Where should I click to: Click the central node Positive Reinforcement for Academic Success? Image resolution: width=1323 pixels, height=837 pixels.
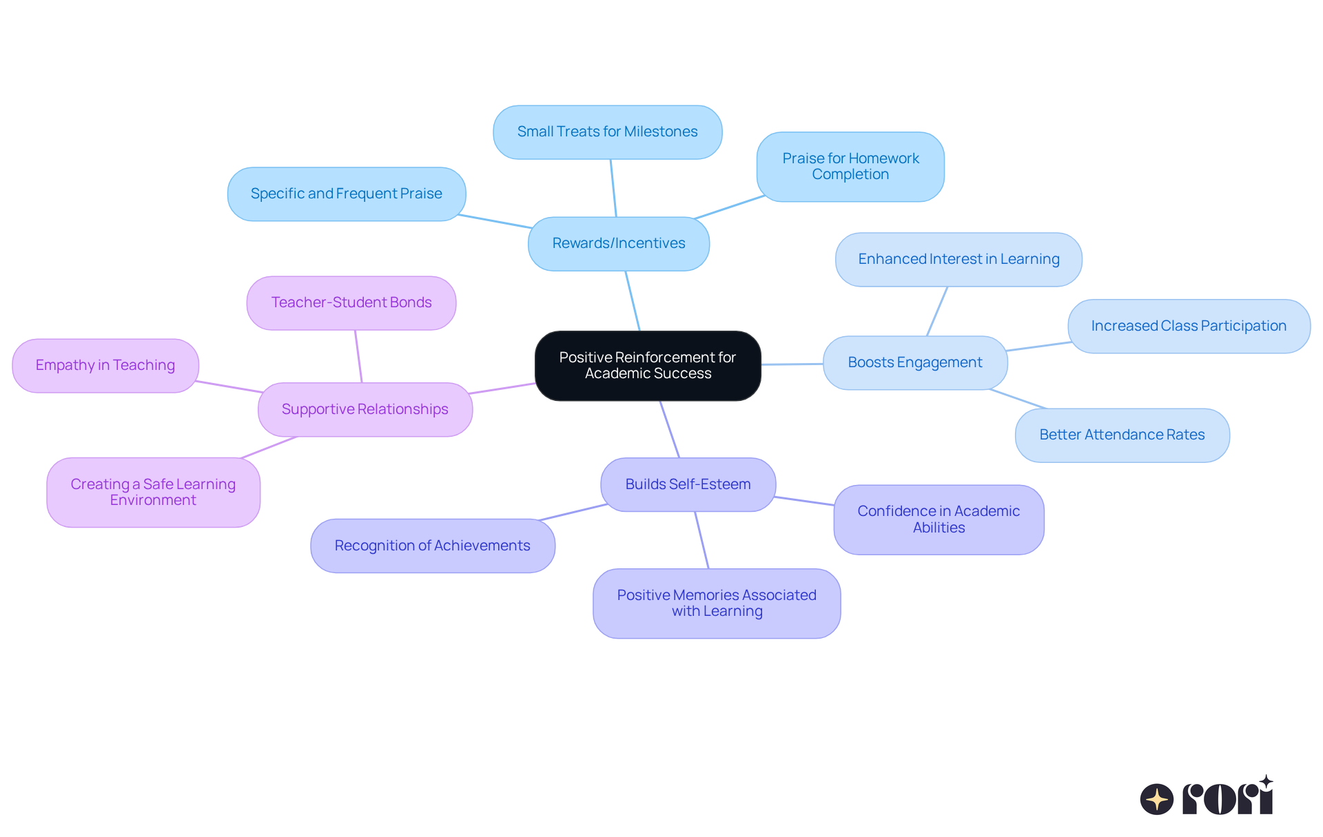[x=648, y=365]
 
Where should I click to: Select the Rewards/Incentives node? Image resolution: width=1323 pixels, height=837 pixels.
[x=618, y=243]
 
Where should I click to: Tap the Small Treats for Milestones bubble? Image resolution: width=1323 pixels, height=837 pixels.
[x=607, y=132]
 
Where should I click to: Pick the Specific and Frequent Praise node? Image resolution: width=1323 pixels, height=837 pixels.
[x=346, y=194]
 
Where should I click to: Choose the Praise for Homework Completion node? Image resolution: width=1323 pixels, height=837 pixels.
[x=850, y=167]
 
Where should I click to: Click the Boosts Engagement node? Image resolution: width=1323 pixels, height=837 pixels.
[x=914, y=362]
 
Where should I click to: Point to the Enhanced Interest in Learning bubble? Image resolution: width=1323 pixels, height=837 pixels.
[x=958, y=259]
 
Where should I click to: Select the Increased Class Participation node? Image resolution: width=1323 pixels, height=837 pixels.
[x=1189, y=326]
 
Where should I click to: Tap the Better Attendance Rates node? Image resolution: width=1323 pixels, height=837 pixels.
[x=1122, y=435]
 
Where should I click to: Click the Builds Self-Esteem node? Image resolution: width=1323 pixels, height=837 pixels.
[x=688, y=484]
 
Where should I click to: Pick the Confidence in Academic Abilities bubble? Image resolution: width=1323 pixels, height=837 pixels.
[x=939, y=519]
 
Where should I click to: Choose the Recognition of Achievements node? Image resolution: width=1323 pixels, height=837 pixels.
[x=432, y=546]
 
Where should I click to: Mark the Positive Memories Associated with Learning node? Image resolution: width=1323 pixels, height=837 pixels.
[x=717, y=603]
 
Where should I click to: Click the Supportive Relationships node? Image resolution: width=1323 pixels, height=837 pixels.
[x=365, y=409]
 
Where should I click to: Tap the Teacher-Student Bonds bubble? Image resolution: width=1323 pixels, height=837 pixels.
[x=351, y=302]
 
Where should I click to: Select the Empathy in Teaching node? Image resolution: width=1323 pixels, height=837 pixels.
[x=105, y=365]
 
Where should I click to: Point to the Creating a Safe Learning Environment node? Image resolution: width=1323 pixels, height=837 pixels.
[x=153, y=492]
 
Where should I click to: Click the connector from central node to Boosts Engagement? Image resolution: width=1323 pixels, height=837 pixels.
[x=792, y=364]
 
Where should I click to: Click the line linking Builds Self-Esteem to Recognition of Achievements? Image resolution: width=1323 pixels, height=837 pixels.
[x=573, y=512]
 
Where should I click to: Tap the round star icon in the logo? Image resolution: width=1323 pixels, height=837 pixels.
[x=1156, y=799]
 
